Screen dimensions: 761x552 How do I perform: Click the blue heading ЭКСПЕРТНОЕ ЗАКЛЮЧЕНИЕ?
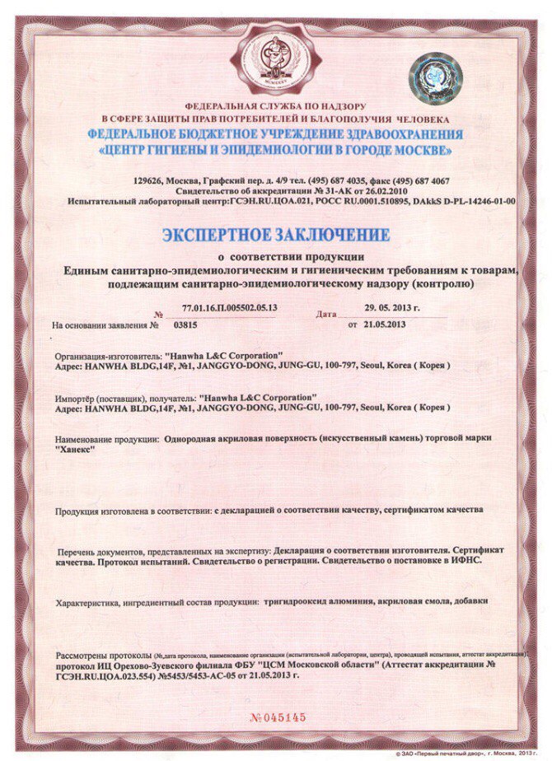(x=275, y=236)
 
